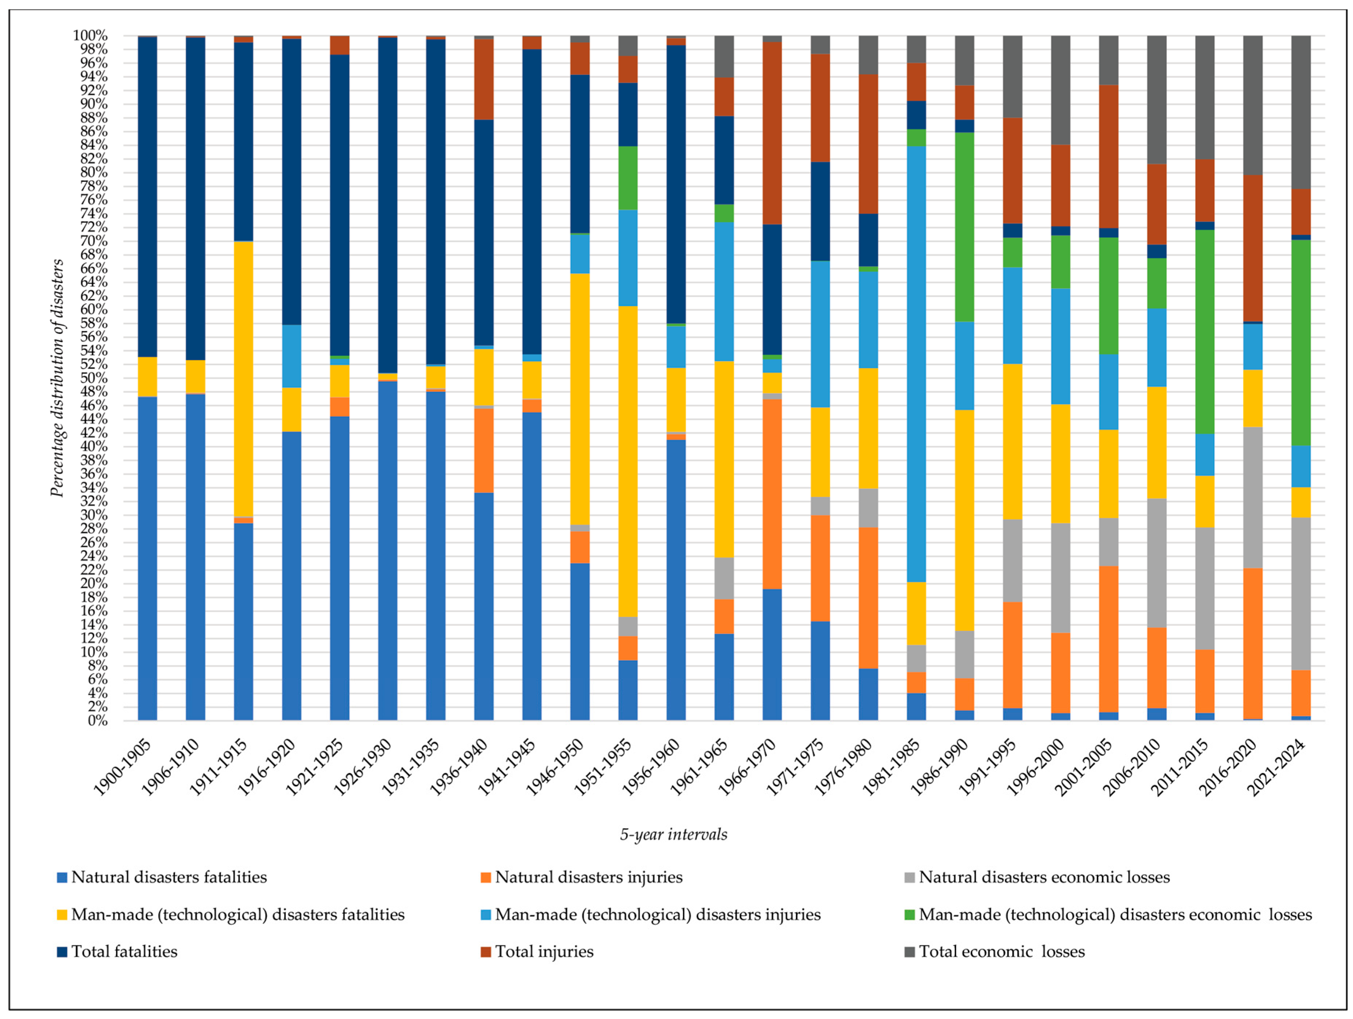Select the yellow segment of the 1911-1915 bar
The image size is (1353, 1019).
(x=243, y=379)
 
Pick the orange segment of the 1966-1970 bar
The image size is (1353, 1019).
(x=772, y=494)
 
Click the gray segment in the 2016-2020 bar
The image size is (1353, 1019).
(x=1253, y=497)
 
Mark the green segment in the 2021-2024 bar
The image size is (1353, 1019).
(x=1301, y=343)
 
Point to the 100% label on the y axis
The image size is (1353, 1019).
(x=90, y=35)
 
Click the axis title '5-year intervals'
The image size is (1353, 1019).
(x=674, y=834)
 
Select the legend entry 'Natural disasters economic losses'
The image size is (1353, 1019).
(x=1043, y=877)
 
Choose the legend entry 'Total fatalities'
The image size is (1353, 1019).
(x=124, y=951)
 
